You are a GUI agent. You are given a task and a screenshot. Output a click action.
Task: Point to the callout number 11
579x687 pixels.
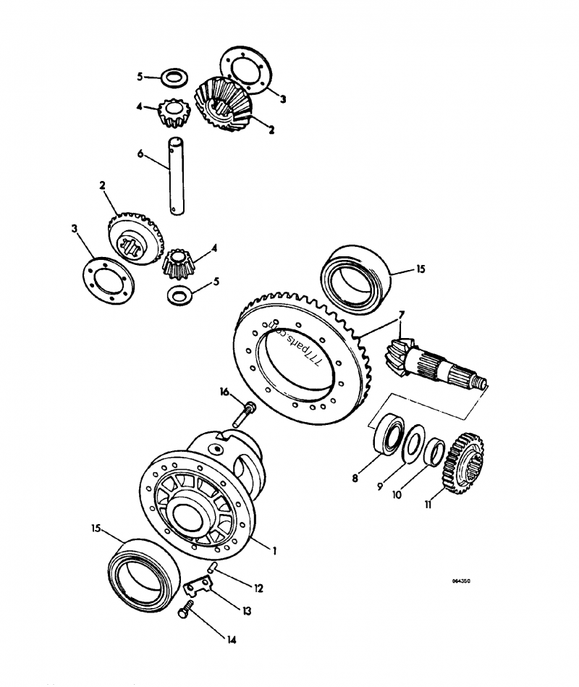tap(428, 505)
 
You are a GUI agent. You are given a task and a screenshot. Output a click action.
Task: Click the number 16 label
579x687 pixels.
tap(225, 392)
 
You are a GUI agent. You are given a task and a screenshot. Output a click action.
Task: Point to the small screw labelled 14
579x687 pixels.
tap(185, 610)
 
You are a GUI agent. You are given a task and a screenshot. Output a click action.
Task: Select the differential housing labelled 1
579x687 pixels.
tap(203, 500)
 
